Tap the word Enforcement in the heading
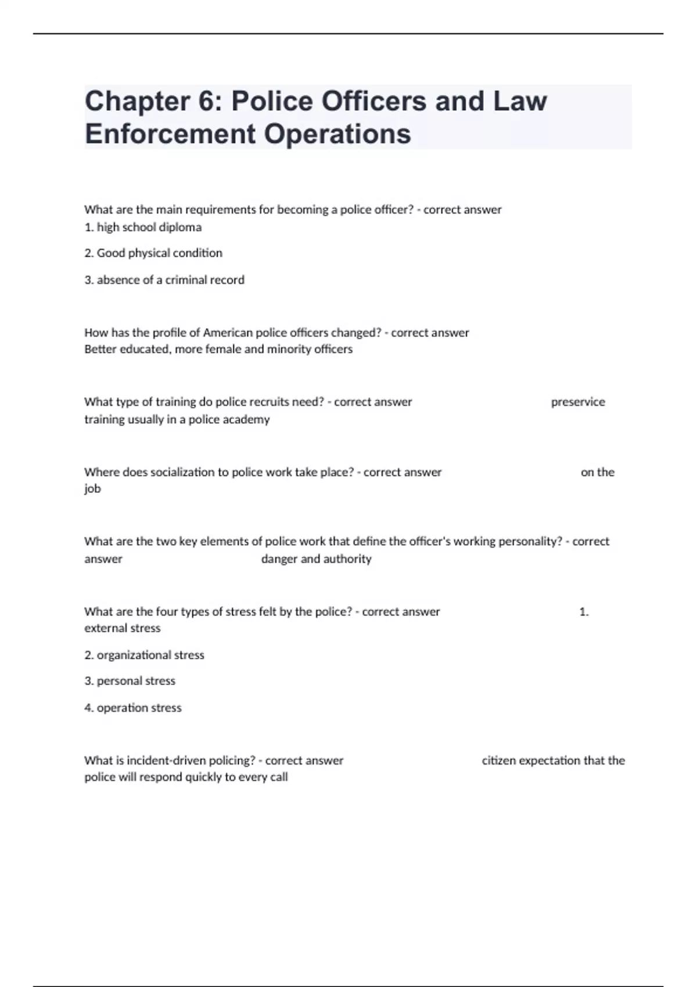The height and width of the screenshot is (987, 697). [170, 134]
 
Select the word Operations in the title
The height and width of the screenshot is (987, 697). [337, 134]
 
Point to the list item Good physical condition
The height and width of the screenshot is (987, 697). [153, 253]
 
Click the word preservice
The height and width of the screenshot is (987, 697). [577, 402]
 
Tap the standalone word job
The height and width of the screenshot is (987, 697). [92, 489]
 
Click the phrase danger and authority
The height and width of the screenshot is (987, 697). [316, 559]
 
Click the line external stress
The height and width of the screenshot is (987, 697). [122, 628]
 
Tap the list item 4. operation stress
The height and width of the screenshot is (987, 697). [133, 708]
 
